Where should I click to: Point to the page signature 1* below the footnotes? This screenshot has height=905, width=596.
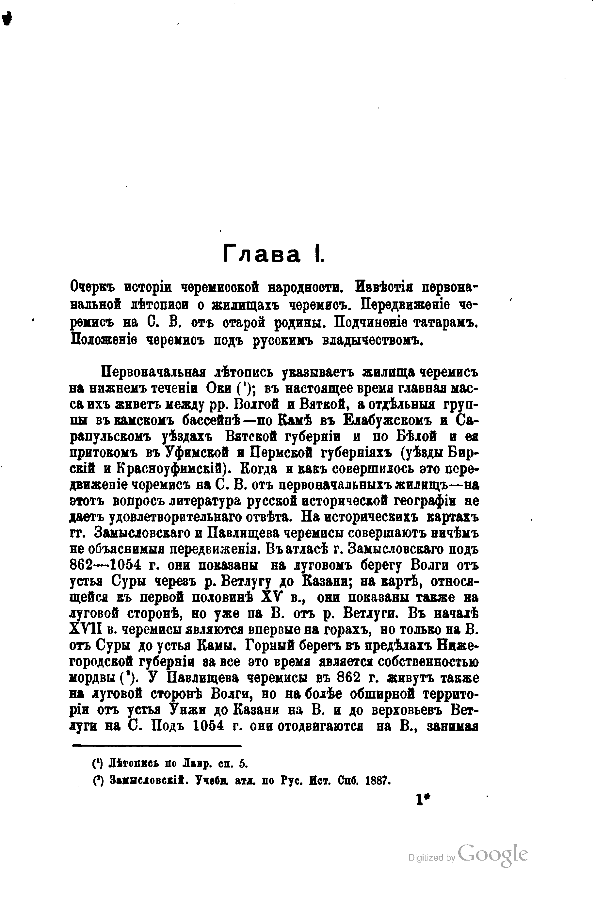coord(423,800)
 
